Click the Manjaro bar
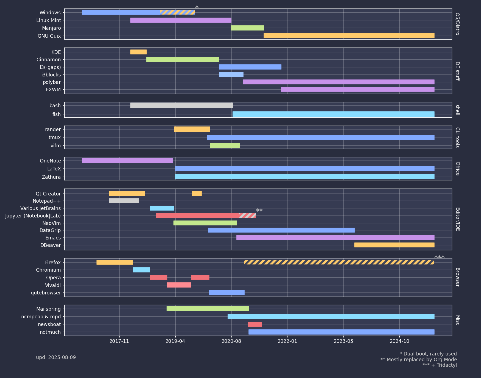(247, 28)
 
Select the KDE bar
(138, 52)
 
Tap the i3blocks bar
(231, 75)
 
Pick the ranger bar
(192, 129)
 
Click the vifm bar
(225, 145)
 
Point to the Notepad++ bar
(124, 201)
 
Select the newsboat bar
(255, 324)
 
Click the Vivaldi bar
(179, 285)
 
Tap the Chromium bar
(141, 270)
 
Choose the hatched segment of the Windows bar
(177, 12)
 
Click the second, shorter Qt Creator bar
(197, 194)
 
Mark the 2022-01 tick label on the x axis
(288, 341)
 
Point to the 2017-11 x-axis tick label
(119, 341)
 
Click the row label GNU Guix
(49, 36)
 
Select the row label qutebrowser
(46, 293)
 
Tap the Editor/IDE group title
(457, 219)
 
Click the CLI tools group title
(457, 137)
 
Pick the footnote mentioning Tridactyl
(439, 365)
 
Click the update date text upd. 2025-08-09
(56, 357)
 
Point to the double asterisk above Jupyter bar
(259, 211)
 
